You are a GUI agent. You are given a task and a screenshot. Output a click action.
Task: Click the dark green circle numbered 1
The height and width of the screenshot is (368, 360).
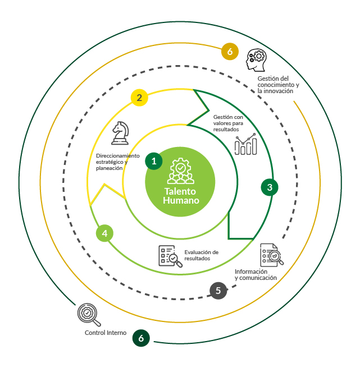click(154, 161)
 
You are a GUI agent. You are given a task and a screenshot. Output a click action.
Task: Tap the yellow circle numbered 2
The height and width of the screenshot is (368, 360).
click(139, 98)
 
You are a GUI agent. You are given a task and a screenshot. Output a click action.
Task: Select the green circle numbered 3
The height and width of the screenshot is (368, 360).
click(270, 187)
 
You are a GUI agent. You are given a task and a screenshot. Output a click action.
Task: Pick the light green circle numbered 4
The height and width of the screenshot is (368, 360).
click(104, 233)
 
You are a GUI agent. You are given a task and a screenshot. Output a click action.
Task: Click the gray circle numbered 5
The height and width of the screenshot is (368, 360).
click(218, 291)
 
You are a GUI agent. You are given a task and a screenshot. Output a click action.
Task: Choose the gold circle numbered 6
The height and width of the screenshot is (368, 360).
click(230, 52)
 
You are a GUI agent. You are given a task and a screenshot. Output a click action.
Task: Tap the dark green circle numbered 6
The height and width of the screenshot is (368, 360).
click(141, 338)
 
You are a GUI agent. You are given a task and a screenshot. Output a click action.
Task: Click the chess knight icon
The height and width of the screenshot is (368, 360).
click(120, 133)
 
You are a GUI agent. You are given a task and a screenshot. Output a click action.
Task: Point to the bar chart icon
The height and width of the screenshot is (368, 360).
click(246, 144)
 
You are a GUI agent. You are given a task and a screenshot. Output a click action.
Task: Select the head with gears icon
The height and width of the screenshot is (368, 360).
click(256, 60)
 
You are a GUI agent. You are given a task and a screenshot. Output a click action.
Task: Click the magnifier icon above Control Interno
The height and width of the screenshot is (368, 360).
click(89, 315)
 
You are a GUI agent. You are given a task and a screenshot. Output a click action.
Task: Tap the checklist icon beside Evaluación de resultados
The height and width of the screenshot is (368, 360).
click(170, 256)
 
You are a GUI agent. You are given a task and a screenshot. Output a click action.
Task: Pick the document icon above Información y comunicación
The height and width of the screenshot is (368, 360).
click(272, 255)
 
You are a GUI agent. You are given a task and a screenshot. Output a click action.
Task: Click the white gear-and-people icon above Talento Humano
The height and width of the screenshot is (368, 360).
click(180, 171)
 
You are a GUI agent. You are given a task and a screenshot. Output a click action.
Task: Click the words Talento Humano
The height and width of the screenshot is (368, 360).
click(181, 196)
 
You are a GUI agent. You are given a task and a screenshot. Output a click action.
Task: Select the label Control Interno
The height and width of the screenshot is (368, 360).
click(106, 333)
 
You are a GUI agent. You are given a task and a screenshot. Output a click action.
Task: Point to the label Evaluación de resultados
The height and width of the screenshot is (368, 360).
click(202, 255)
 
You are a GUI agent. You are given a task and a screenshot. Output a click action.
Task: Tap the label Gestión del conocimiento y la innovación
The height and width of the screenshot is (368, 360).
click(278, 85)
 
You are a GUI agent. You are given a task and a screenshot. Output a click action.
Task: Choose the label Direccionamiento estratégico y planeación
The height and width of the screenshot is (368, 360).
click(117, 162)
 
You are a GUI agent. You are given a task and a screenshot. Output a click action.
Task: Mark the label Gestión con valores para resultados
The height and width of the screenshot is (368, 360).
click(228, 123)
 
